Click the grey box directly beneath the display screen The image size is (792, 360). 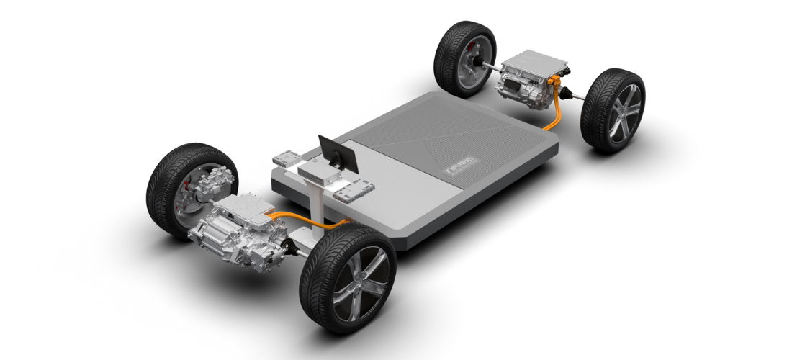(x=318, y=173)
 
